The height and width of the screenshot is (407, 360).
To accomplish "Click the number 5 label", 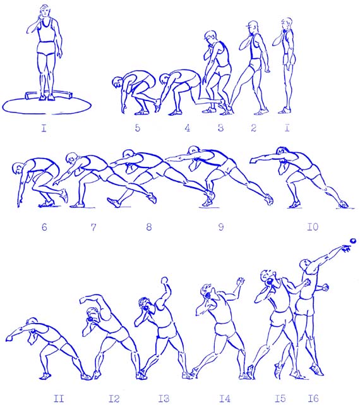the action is click(x=138, y=128).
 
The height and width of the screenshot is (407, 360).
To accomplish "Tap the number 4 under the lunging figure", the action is click(x=187, y=128).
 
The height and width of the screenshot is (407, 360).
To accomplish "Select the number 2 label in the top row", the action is click(x=253, y=128).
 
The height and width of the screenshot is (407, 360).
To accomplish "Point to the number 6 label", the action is click(x=44, y=227).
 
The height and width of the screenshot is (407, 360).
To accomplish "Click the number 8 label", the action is click(x=148, y=227).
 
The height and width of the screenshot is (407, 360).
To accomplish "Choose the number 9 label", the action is click(x=220, y=227).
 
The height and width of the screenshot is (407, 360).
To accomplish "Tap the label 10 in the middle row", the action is click(x=313, y=227).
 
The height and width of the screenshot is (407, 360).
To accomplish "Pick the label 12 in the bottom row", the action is click(x=114, y=398).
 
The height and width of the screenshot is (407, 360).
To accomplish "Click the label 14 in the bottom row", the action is click(x=225, y=398).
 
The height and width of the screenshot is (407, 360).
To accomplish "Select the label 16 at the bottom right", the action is click(x=313, y=398).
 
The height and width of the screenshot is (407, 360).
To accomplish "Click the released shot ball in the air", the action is click(x=353, y=241).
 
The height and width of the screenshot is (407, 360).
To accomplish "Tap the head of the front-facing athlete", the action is click(x=45, y=11).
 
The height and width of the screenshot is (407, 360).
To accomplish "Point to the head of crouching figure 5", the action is click(x=117, y=83).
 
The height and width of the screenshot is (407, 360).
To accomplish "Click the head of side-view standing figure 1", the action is click(x=287, y=23).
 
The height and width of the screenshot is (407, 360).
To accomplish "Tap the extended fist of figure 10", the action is click(x=253, y=161).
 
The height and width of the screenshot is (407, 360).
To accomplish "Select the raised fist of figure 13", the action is click(x=164, y=281).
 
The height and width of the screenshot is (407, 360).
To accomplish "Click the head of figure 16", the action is click(x=304, y=265).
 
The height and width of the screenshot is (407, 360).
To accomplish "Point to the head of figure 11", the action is click(x=32, y=322).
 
